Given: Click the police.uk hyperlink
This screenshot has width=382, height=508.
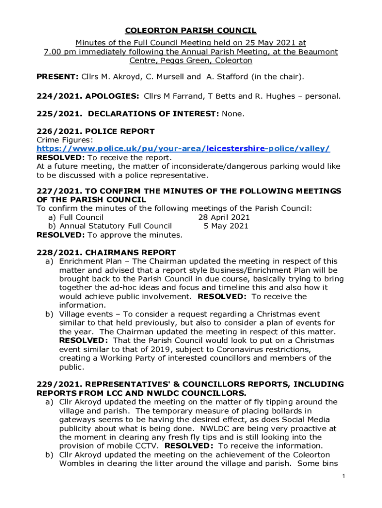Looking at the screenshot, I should point(184,149).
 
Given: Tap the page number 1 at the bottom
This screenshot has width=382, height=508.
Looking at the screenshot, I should point(343,477).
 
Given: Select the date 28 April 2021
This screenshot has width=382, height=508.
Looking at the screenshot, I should point(224,217).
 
